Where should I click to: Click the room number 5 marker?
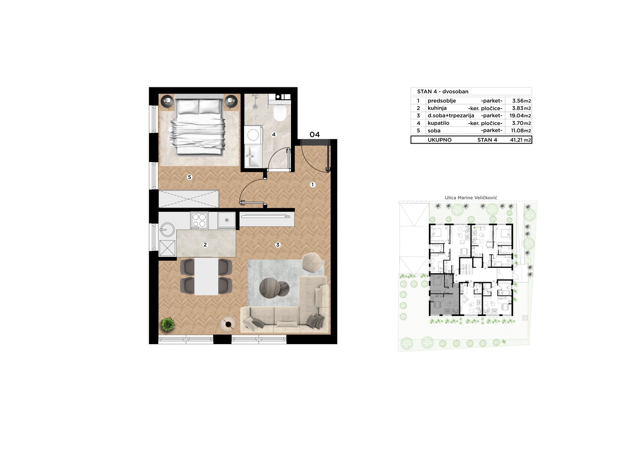click(189, 177)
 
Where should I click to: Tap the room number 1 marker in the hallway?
click(312, 185)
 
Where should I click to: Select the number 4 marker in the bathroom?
click(274, 135)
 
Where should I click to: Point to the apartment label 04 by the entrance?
click(314, 134)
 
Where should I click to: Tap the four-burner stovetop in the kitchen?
click(199, 220)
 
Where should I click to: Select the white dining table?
click(206, 276)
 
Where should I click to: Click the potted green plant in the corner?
click(168, 324)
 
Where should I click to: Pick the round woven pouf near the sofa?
click(312, 263)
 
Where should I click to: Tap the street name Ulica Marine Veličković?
click(471, 198)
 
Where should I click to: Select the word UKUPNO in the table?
click(440, 140)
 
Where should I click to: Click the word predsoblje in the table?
click(442, 101)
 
